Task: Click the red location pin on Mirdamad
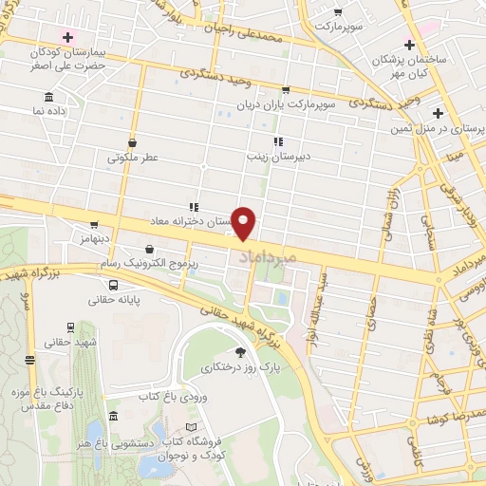pyautogui.click(x=244, y=224)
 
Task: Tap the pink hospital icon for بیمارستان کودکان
pyautogui.click(x=66, y=37)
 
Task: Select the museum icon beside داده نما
pyautogui.click(x=48, y=97)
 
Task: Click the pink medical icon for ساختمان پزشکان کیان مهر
pyautogui.click(x=409, y=44)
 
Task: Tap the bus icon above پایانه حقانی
pyautogui.click(x=114, y=284)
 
